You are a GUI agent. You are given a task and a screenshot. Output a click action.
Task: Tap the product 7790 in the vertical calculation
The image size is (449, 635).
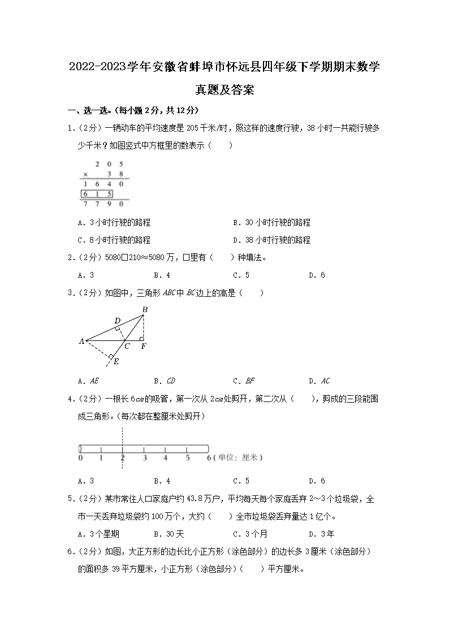(103, 204)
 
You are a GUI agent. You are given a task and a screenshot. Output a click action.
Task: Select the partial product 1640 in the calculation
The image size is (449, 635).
(103, 184)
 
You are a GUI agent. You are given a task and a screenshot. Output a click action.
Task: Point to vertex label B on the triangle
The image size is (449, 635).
(145, 309)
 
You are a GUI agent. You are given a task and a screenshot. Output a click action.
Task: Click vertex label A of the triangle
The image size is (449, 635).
(81, 341)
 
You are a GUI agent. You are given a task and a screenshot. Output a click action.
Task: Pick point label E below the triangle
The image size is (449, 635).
(116, 361)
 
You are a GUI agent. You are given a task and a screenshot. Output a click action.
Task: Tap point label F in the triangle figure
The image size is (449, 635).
(144, 346)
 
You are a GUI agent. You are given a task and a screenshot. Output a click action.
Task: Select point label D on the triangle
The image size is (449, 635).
(117, 321)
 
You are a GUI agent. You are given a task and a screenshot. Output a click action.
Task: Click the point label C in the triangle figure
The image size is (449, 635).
(127, 346)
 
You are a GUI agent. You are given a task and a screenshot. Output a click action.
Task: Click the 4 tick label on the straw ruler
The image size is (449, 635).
(166, 457)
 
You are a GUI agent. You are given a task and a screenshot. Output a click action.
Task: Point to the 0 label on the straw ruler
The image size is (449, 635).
(80, 457)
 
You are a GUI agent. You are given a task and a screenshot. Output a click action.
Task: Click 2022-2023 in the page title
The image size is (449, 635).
(97, 68)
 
